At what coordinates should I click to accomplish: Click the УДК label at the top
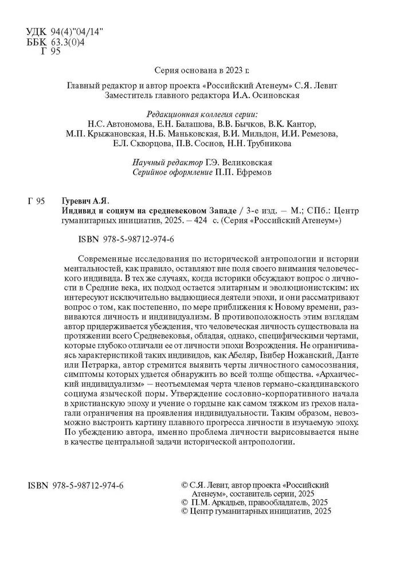(x=38, y=32)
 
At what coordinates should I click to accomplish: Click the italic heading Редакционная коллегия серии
(x=203, y=113)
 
